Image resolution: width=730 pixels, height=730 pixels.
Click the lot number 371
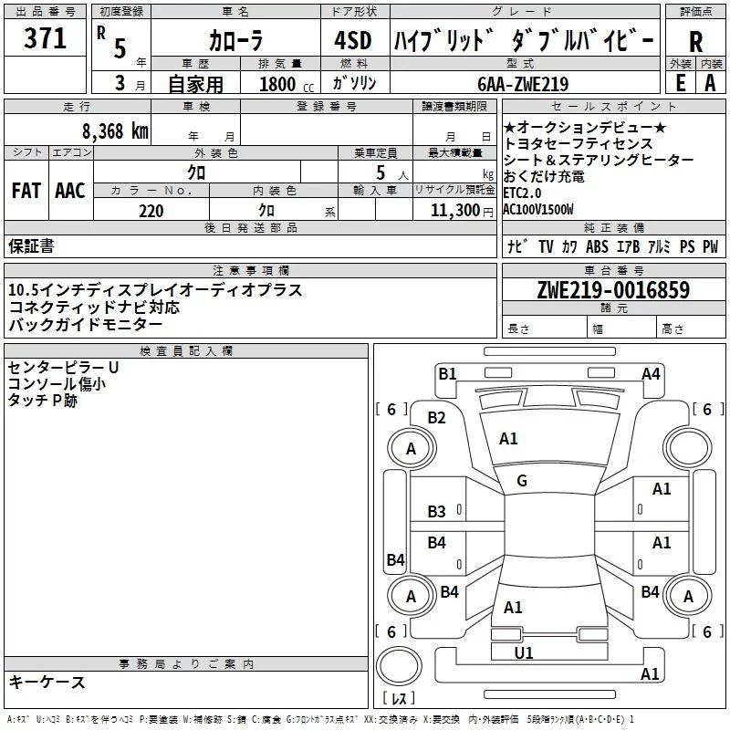pyautogui.click(x=45, y=37)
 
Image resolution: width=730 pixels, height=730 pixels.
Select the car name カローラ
pyautogui.click(x=236, y=40)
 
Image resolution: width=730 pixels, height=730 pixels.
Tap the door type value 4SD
pyautogui.click(x=353, y=40)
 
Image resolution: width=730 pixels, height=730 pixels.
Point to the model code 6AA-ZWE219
pyautogui.click(x=523, y=84)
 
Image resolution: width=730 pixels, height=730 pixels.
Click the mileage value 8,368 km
pyautogui.click(x=115, y=131)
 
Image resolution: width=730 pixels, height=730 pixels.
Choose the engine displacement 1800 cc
pyautogui.click(x=287, y=84)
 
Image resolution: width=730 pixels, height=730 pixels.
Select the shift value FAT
pyautogui.click(x=26, y=191)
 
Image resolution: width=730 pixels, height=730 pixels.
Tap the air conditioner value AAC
pyautogui.click(x=70, y=191)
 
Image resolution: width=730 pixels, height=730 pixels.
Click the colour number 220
pyautogui.click(x=151, y=211)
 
